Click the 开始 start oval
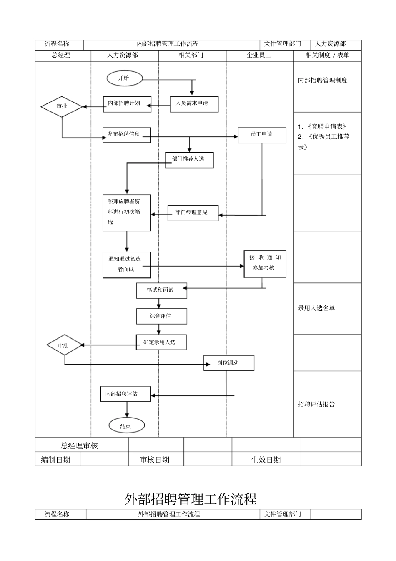pyautogui.click(x=124, y=78)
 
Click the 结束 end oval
pyautogui.click(x=126, y=426)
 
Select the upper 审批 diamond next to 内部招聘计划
pyautogui.click(x=62, y=106)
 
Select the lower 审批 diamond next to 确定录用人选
pyautogui.click(x=64, y=345)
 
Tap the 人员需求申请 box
pyautogui.click(x=194, y=104)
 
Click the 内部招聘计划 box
pyautogui.click(x=127, y=104)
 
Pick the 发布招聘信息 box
pyautogui.click(x=127, y=135)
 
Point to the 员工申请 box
pyautogui.click(x=262, y=135)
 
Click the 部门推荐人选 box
pyautogui.click(x=190, y=159)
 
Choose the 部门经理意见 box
pyautogui.click(x=193, y=213)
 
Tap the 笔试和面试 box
pyautogui.click(x=161, y=290)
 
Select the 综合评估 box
pyautogui.click(x=161, y=316)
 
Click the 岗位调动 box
pyautogui.click(x=228, y=362)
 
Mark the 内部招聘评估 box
pyautogui.click(x=125, y=394)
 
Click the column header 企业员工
pyautogui.click(x=259, y=55)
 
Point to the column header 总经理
pyautogui.click(x=61, y=55)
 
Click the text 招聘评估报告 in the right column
pyautogui.click(x=316, y=404)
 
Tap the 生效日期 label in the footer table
pyautogui.click(x=266, y=460)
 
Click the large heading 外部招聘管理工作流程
pyautogui.click(x=190, y=499)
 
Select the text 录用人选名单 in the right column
pyautogui.click(x=316, y=308)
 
